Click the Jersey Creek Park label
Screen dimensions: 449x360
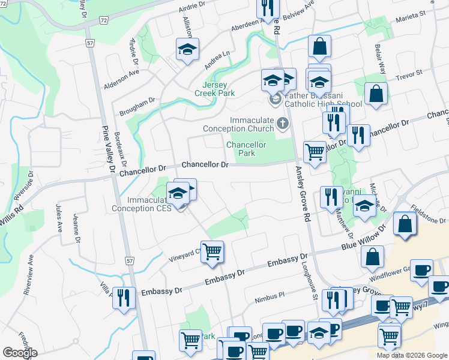(214, 89)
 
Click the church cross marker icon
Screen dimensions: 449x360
(283, 124)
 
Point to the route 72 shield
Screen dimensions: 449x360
(104, 20)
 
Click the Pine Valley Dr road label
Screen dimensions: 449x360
(109, 149)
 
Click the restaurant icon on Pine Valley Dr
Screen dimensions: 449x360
(124, 298)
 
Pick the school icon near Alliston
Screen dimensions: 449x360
(187, 49)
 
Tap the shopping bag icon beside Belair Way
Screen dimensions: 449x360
(376, 94)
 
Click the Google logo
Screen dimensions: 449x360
(20, 353)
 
